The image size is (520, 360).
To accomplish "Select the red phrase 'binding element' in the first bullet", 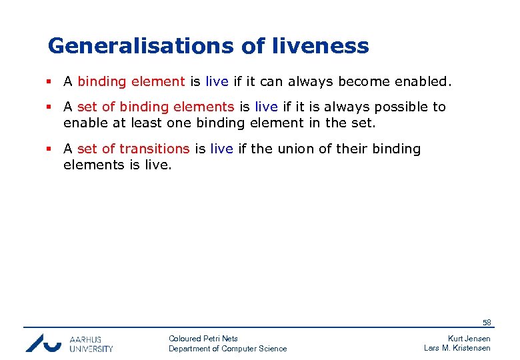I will (x=131, y=82).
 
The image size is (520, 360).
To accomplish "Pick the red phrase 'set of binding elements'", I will (x=156, y=107).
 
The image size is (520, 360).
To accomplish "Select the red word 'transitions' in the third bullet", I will (x=154, y=149).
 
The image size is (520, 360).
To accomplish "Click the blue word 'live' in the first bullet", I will (x=217, y=82).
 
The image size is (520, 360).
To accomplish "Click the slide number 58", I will (x=487, y=323).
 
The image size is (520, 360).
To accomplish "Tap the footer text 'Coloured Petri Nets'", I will (x=203, y=339).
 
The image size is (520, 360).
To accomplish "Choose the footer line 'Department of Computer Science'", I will (x=228, y=349).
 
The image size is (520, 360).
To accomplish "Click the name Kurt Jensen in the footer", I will (x=469, y=339).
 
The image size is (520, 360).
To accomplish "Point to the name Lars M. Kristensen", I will (x=457, y=349).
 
